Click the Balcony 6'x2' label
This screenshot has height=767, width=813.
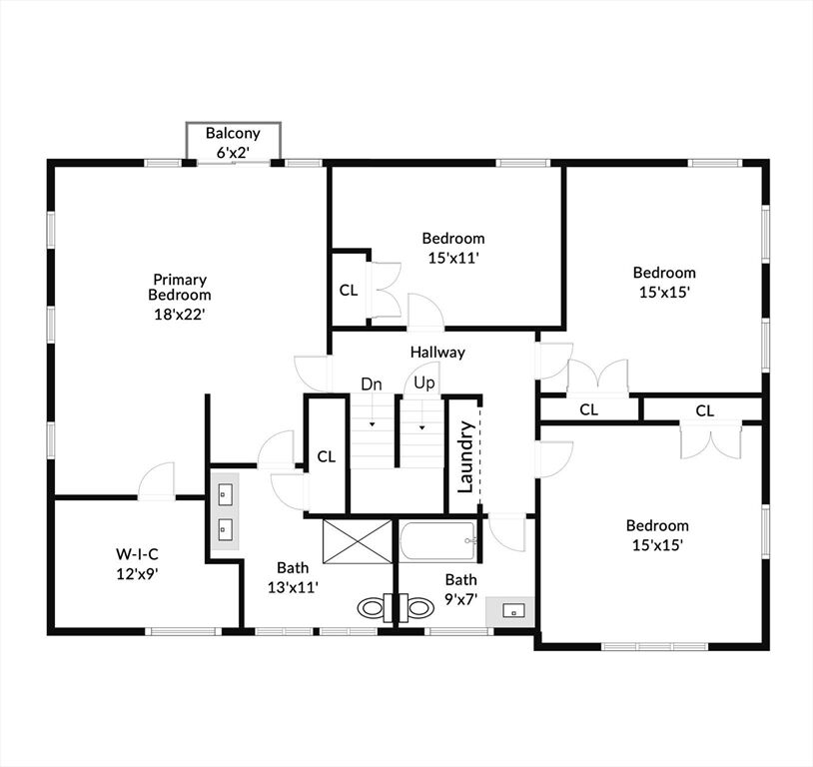pyautogui.click(x=233, y=143)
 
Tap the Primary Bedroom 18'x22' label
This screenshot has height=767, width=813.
pyautogui.click(x=180, y=297)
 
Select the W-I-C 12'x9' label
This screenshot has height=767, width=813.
pyautogui.click(x=137, y=564)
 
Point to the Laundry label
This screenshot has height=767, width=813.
pyautogui.click(x=465, y=456)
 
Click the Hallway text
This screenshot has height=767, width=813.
pyautogui.click(x=437, y=353)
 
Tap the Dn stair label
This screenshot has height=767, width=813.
pyautogui.click(x=372, y=384)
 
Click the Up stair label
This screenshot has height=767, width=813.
pyautogui.click(x=424, y=383)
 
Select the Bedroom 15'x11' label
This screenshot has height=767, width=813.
pyautogui.click(x=453, y=248)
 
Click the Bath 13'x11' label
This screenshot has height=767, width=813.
pyautogui.click(x=293, y=577)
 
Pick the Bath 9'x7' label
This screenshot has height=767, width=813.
pyautogui.click(x=461, y=589)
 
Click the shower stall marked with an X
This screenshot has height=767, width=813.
pyautogui.click(x=358, y=541)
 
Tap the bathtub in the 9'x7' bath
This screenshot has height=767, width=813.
pyautogui.click(x=438, y=541)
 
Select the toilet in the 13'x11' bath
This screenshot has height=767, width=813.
pyautogui.click(x=375, y=607)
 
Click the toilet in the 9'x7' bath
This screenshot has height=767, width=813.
pyautogui.click(x=416, y=607)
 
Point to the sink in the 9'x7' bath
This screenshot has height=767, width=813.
pyautogui.click(x=513, y=610)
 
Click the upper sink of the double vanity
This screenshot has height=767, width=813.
pyautogui.click(x=225, y=494)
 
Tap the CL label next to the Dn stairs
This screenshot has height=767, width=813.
pyautogui.click(x=327, y=456)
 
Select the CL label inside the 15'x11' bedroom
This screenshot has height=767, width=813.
pyautogui.click(x=349, y=290)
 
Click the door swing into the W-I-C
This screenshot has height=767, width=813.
pyautogui.click(x=157, y=480)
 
